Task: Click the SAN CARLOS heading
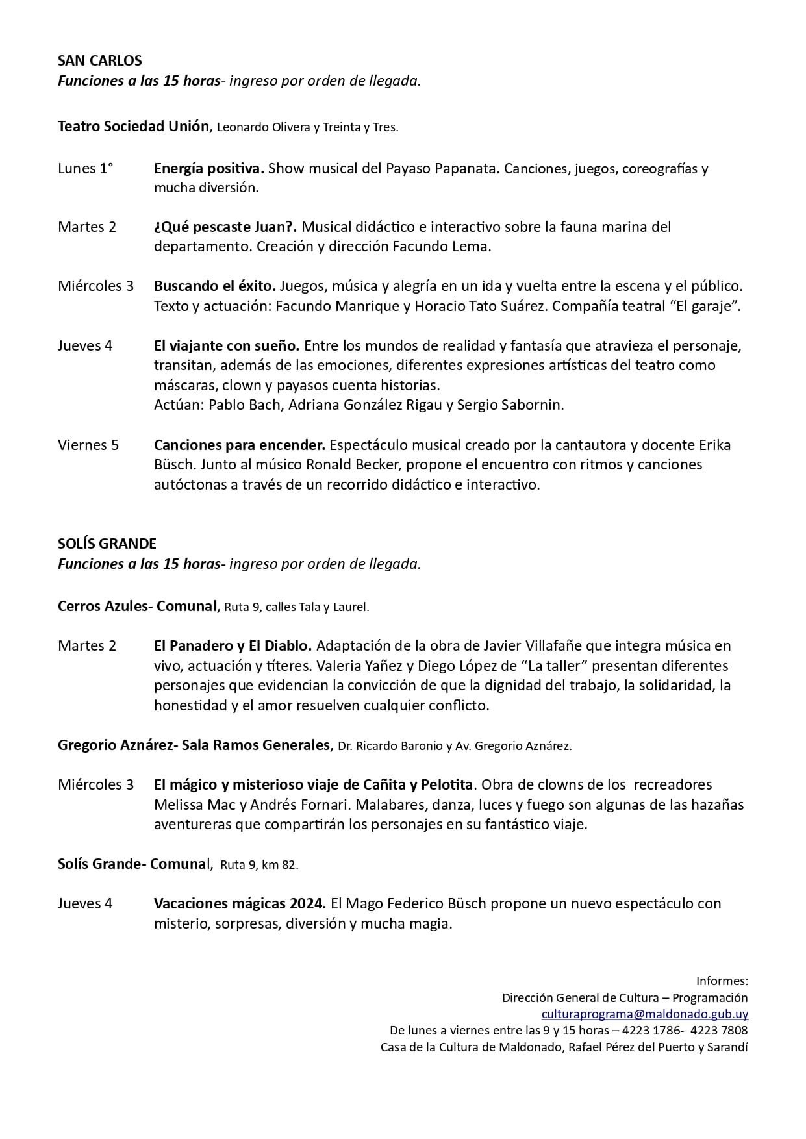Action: (x=99, y=61)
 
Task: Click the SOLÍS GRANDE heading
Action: (x=107, y=544)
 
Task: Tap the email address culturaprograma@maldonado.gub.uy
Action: (x=644, y=1014)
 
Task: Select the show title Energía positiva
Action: (x=208, y=169)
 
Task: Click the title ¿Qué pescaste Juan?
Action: (x=225, y=227)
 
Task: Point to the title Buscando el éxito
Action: (x=215, y=286)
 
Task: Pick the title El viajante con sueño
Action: (x=226, y=345)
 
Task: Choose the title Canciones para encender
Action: (x=239, y=445)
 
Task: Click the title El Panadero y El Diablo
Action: (x=233, y=646)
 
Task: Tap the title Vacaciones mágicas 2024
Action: (x=240, y=904)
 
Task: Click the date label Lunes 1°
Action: (x=85, y=169)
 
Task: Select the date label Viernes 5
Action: (x=88, y=445)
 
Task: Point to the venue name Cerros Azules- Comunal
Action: (x=136, y=607)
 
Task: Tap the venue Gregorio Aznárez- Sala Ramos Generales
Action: (x=194, y=745)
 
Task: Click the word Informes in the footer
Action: (x=721, y=981)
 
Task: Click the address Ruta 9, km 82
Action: (x=259, y=865)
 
